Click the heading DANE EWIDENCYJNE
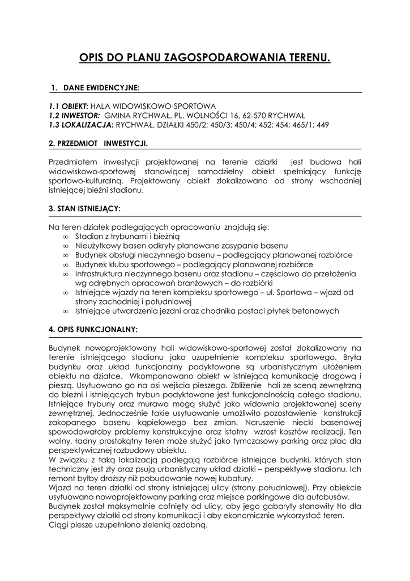[101, 88]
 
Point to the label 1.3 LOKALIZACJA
[81, 124]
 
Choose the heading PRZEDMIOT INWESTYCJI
[99, 144]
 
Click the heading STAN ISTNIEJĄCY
[84, 209]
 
